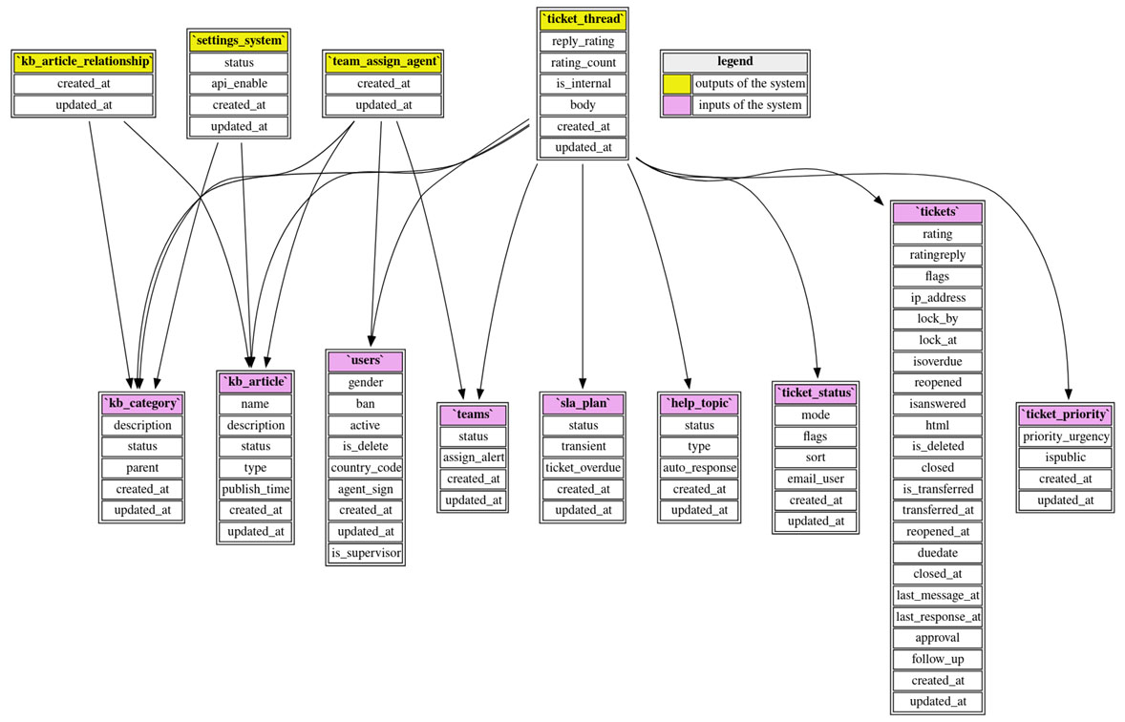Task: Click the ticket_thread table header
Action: (x=583, y=19)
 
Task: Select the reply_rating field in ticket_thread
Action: (x=583, y=41)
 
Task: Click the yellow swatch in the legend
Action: (x=677, y=83)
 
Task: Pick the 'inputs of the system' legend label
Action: (x=750, y=104)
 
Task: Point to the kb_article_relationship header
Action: (x=84, y=62)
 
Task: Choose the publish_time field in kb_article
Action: (x=255, y=489)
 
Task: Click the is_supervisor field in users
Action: (x=366, y=553)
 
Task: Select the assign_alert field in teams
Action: (x=473, y=457)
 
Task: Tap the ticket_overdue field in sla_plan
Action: (x=583, y=468)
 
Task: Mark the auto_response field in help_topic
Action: (x=699, y=468)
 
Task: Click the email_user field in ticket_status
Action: (x=815, y=478)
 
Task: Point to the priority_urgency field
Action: (x=1066, y=436)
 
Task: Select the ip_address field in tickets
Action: (x=937, y=298)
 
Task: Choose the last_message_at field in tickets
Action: (x=937, y=595)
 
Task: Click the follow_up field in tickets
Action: (x=937, y=659)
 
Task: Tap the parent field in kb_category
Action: (x=142, y=468)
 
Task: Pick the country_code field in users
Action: (x=366, y=468)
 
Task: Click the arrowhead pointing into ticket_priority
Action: (x=1068, y=393)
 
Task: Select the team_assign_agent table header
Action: (x=383, y=62)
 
